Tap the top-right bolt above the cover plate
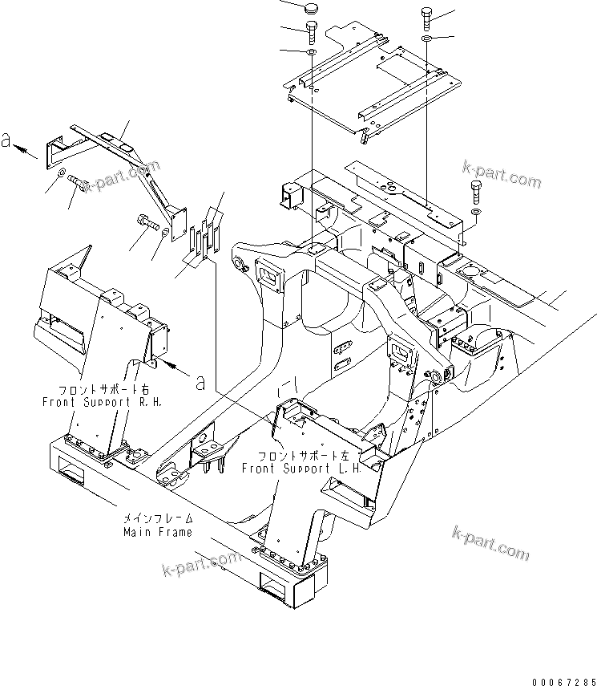(x=426, y=18)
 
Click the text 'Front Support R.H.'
(x=102, y=401)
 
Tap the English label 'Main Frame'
(x=157, y=532)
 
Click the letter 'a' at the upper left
(x=6, y=141)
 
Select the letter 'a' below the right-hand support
(x=200, y=382)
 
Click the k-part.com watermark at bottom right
(x=490, y=545)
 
